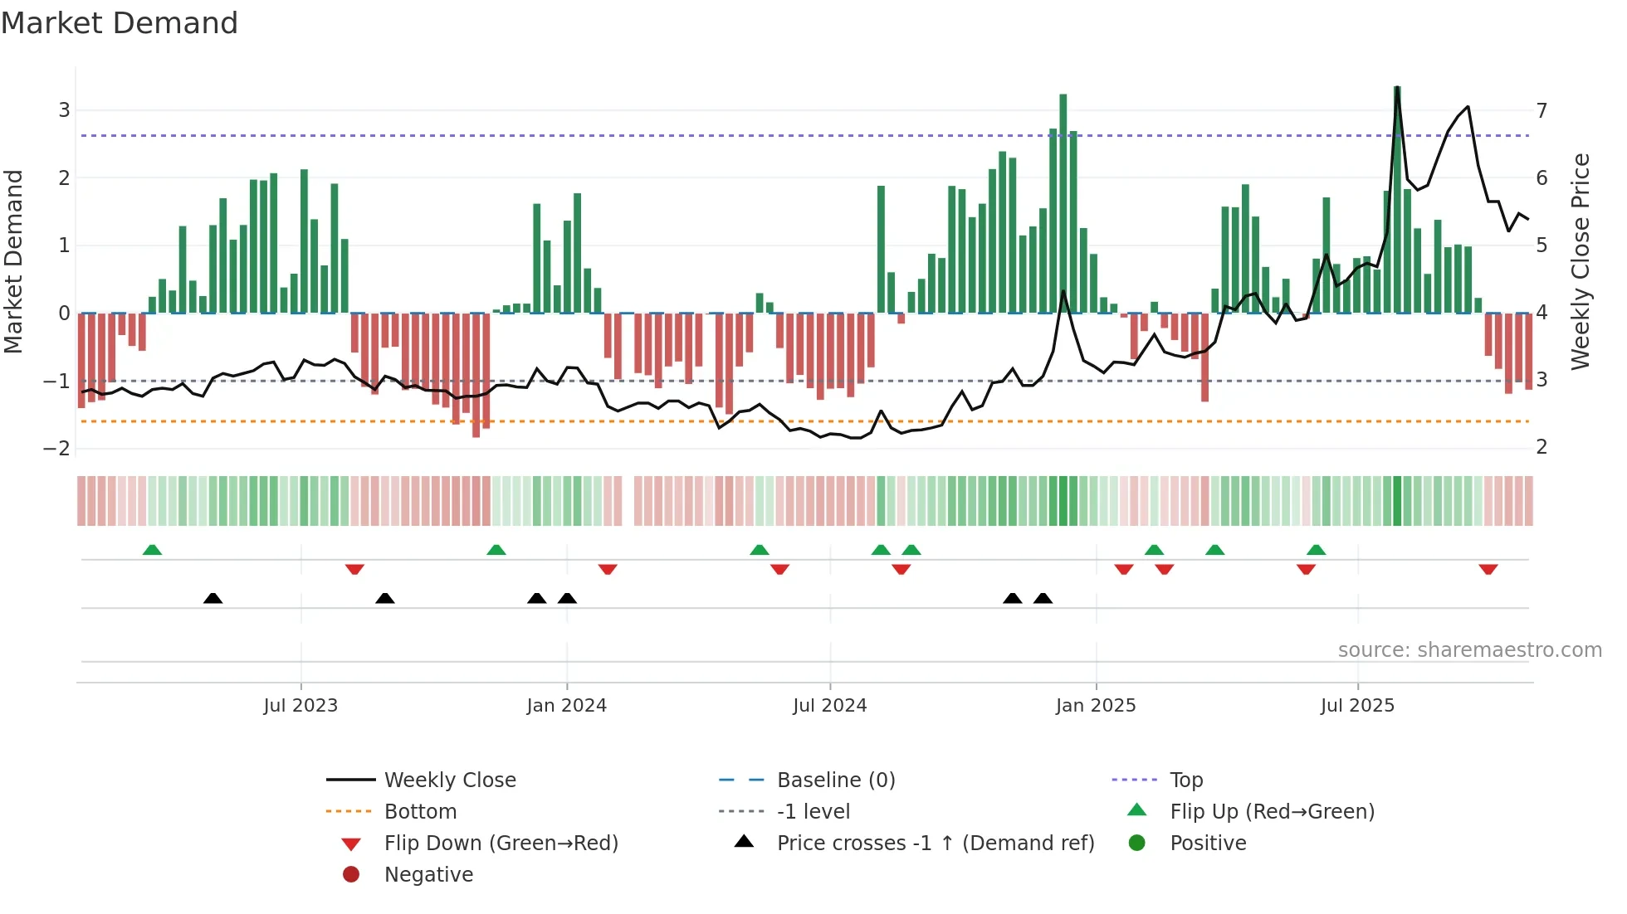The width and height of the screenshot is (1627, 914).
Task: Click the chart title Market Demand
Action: tap(120, 23)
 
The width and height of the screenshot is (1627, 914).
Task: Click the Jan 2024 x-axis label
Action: tap(566, 706)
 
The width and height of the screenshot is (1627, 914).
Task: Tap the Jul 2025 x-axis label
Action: tap(1357, 706)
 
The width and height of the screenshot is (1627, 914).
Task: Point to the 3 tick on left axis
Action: tap(64, 110)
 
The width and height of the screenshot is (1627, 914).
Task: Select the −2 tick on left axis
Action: tap(57, 448)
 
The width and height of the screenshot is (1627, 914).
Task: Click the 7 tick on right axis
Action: tap(1541, 110)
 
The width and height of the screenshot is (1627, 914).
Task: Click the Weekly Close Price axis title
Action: tap(1581, 261)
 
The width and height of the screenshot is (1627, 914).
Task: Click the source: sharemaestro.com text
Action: tap(1469, 649)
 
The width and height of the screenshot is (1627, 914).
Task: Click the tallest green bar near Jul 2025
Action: tap(1397, 199)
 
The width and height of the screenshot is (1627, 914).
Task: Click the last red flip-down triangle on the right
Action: tap(1488, 569)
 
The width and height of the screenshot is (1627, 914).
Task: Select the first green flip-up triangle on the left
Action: tap(152, 550)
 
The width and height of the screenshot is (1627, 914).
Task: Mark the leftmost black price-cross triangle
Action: tap(213, 598)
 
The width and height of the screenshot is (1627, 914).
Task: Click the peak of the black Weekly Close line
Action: tap(1397, 89)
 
